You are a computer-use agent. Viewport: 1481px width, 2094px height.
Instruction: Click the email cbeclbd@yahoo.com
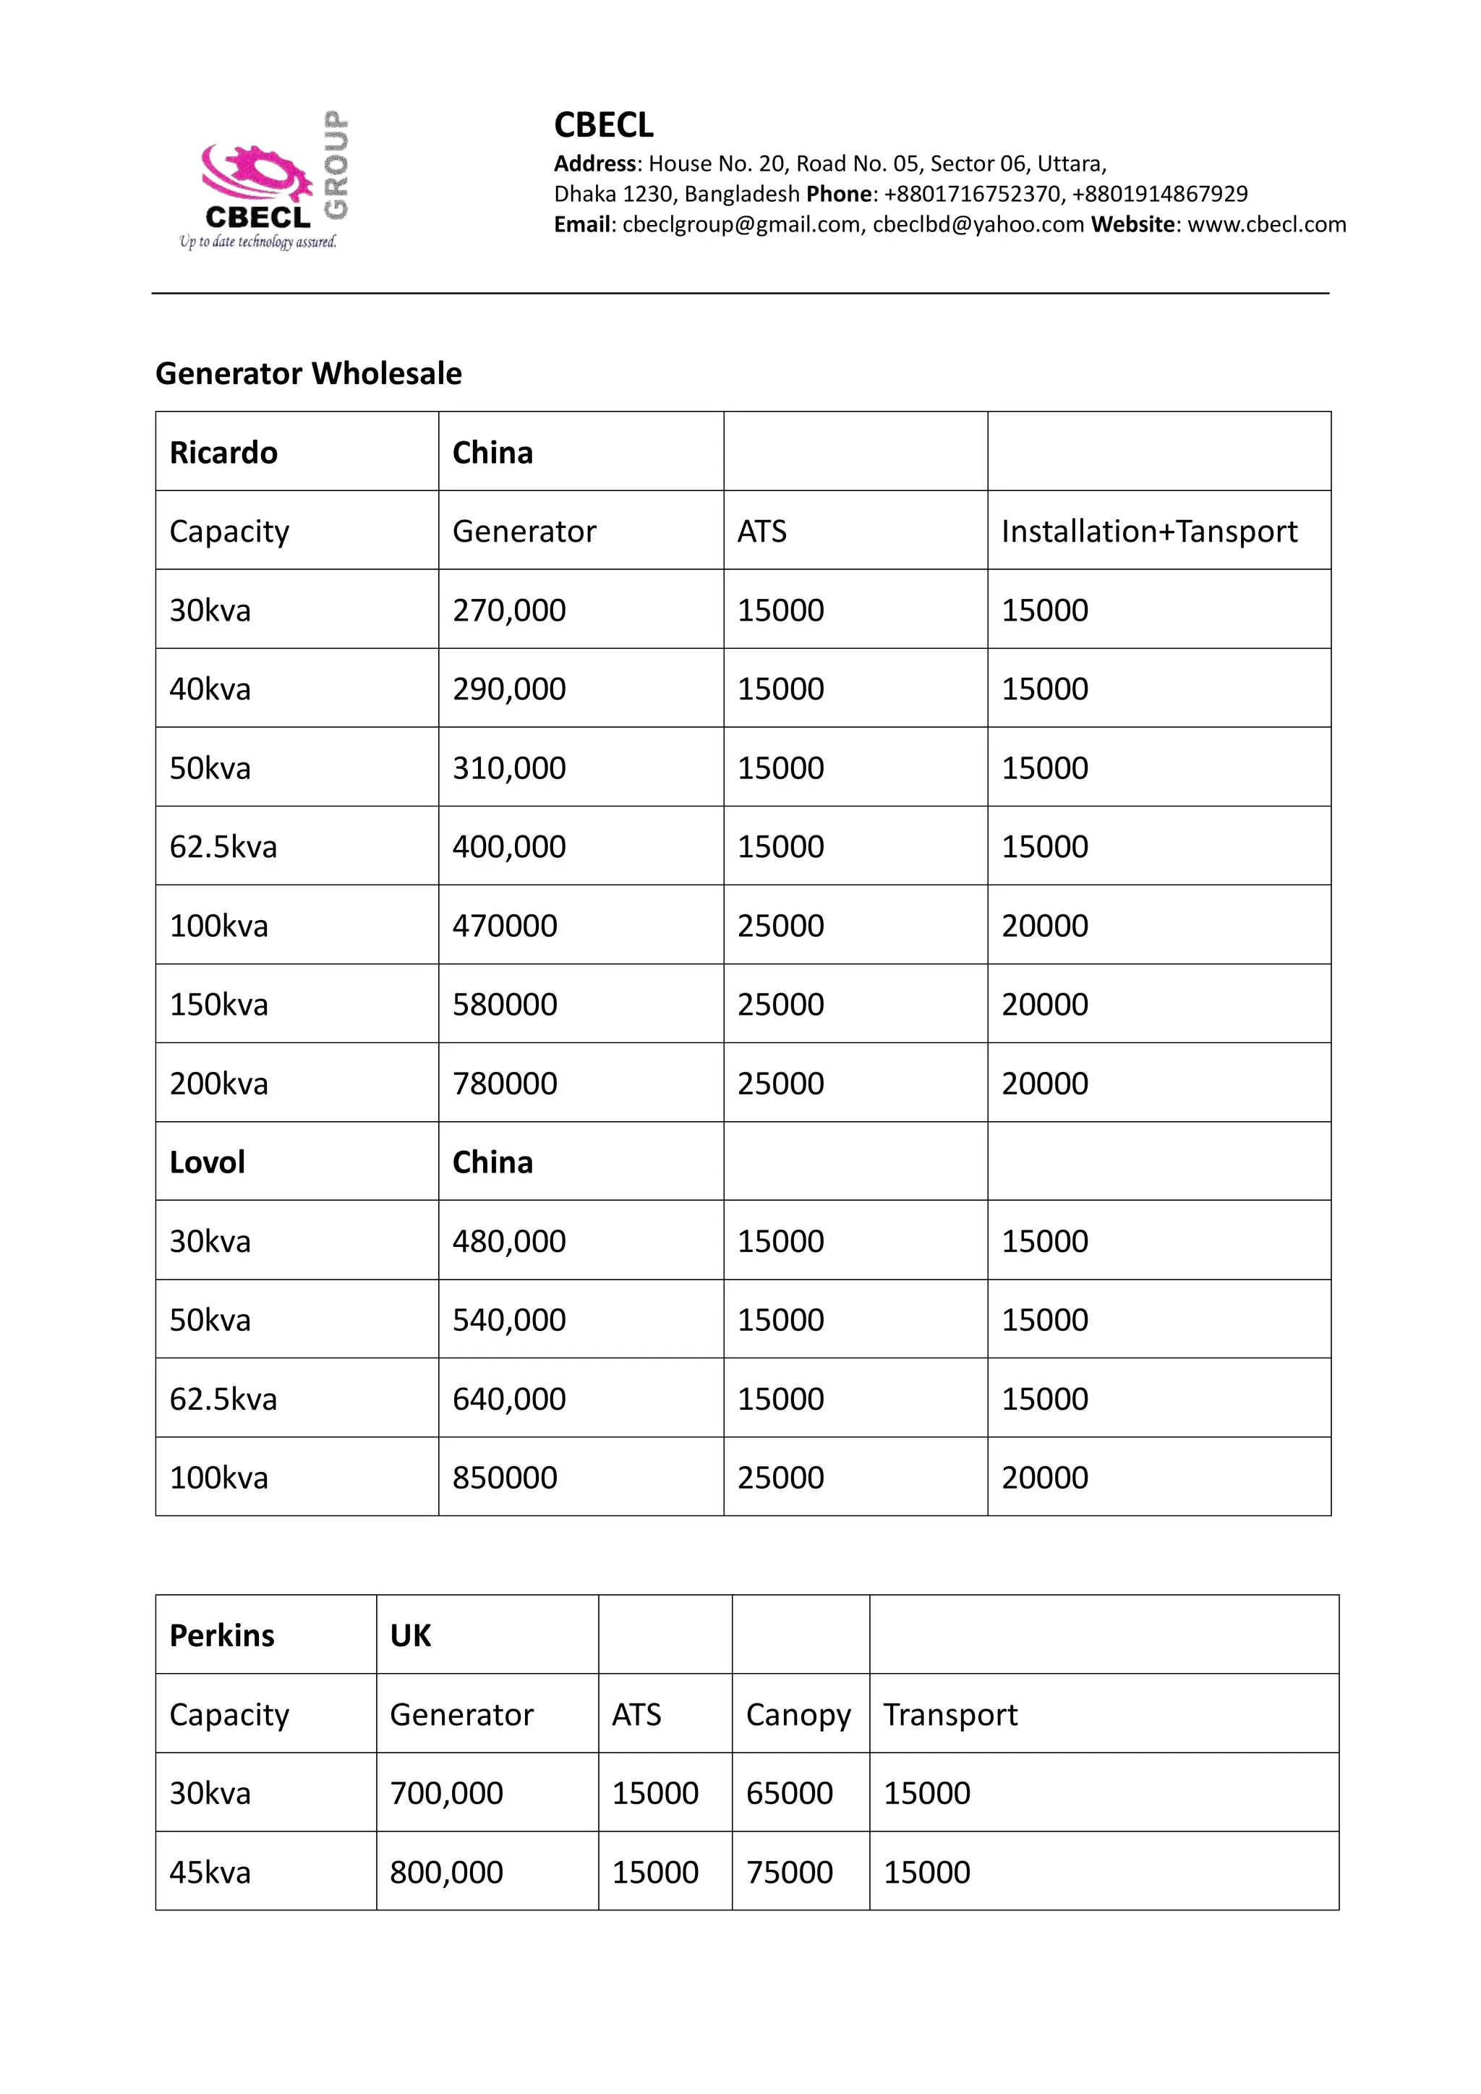pyautogui.click(x=978, y=224)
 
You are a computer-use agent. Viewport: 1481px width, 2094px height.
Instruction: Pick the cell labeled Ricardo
pyautogui.click(x=223, y=452)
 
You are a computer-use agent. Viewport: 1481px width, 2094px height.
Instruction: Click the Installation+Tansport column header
pyautogui.click(x=1148, y=531)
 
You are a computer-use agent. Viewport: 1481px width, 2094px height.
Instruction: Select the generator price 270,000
pyautogui.click(x=509, y=610)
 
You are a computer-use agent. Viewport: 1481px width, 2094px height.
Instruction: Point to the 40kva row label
pyautogui.click(x=210, y=689)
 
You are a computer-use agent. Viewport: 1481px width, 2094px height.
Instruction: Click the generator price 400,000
pyautogui.click(x=509, y=846)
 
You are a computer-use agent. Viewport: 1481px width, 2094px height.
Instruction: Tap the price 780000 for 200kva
pyautogui.click(x=504, y=1084)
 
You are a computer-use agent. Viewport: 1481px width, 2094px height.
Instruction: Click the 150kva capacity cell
pyautogui.click(x=219, y=1004)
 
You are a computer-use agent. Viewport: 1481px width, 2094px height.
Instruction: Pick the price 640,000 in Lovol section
pyautogui.click(x=509, y=1399)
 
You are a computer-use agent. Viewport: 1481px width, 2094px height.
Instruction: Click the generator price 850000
pyautogui.click(x=504, y=1478)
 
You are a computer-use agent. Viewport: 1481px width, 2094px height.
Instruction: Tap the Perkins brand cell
pyautogui.click(x=221, y=1635)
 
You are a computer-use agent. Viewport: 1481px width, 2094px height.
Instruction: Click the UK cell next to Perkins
pyautogui.click(x=410, y=1635)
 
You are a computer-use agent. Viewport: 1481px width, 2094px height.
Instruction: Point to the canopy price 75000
pyautogui.click(x=789, y=1873)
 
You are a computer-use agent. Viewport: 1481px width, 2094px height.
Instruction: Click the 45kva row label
pyautogui.click(x=210, y=1873)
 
